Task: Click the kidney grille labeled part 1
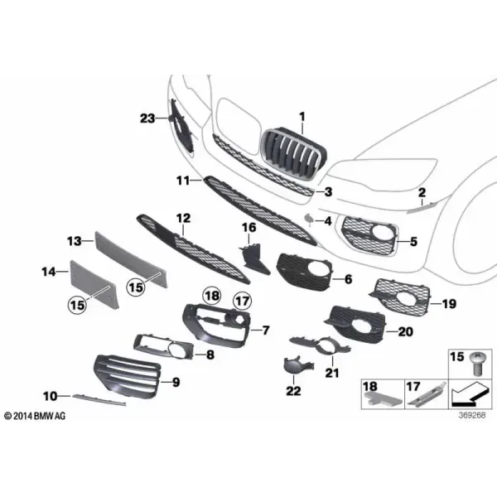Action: [x=294, y=155]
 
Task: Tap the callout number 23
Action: [x=147, y=118]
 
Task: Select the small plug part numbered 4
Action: [x=309, y=219]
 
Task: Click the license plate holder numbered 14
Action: [x=94, y=284]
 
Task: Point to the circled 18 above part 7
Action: [x=212, y=296]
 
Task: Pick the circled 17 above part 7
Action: [x=243, y=301]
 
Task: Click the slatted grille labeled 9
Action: [x=128, y=375]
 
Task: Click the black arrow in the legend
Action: [x=468, y=394]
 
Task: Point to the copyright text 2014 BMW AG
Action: [x=35, y=416]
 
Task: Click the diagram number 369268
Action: [x=472, y=415]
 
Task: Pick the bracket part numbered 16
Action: [x=254, y=259]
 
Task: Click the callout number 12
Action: [x=184, y=218]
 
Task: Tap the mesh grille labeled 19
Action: [x=400, y=298]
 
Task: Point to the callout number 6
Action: [x=348, y=279]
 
